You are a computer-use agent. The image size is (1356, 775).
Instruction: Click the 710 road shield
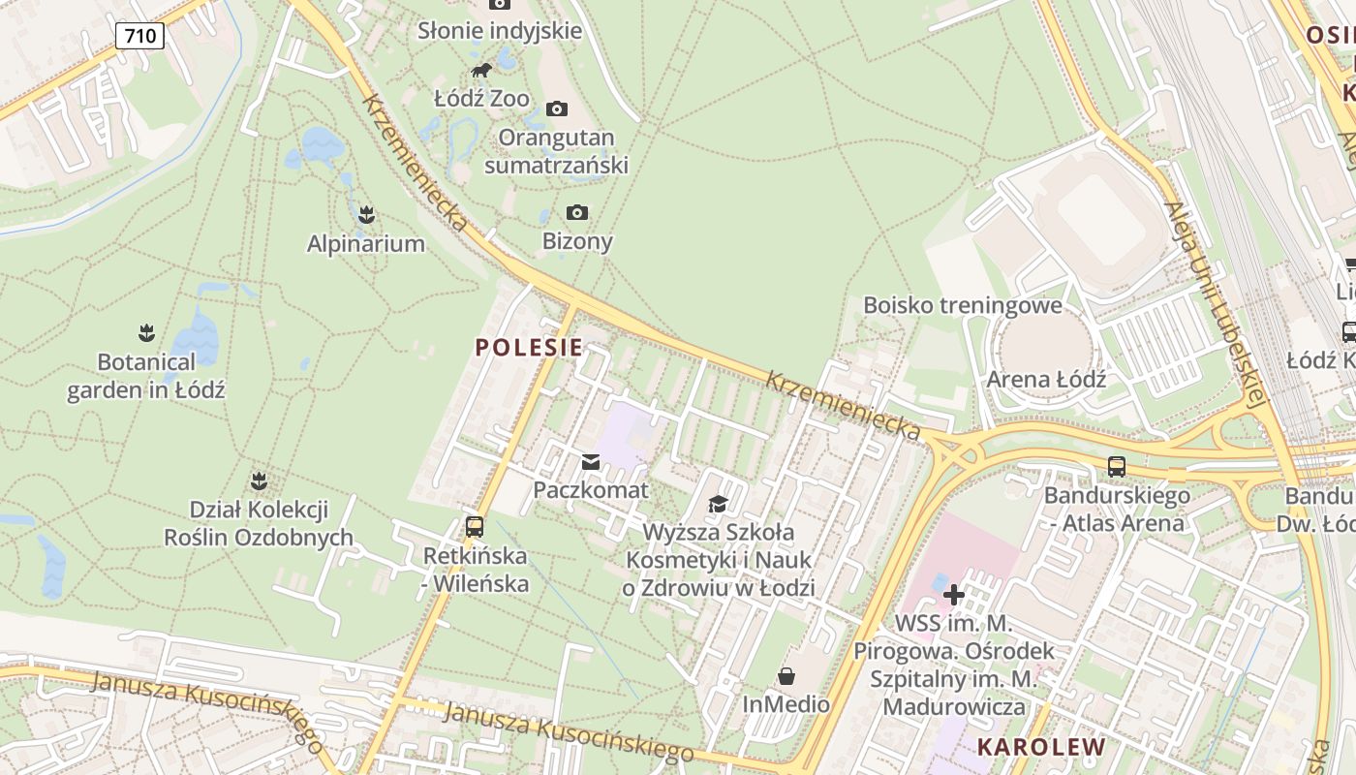pos(139,37)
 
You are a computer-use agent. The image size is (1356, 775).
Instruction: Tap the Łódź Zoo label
pos(481,98)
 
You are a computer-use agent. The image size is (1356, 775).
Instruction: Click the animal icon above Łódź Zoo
pos(481,70)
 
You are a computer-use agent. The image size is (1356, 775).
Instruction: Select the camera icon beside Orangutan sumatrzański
pos(557,108)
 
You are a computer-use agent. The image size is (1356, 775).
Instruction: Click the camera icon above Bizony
pos(577,212)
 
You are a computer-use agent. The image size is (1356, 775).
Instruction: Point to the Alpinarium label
pos(366,243)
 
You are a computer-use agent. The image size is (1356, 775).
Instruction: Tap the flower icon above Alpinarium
pos(366,213)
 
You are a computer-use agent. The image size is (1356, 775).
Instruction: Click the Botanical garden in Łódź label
pos(145,376)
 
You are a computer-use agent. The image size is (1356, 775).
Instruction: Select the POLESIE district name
pos(529,347)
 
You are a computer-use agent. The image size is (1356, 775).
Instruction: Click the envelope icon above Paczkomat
pos(591,462)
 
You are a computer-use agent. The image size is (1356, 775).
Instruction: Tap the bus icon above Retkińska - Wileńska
pos(475,527)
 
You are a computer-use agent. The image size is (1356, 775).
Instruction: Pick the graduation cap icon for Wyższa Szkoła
pos(718,504)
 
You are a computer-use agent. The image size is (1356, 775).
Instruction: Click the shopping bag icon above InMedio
pos(786,675)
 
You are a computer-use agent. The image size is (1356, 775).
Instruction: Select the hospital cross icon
pos(954,594)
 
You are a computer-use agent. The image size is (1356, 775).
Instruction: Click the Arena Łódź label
pos(1046,379)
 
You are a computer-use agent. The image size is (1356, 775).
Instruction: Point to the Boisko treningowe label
pos(963,305)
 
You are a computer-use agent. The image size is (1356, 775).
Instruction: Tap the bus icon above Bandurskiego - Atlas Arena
pos(1117,467)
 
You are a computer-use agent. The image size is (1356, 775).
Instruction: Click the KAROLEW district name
pos(1041,747)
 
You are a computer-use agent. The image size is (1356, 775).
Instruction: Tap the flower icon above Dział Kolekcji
pos(259,480)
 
